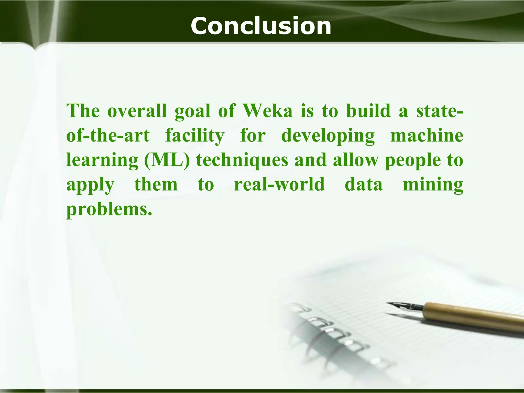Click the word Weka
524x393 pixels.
coord(267,111)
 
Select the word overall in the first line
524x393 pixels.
coord(137,111)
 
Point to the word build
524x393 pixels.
coord(368,111)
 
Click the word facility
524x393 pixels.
coord(195,136)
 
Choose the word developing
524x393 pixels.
coord(328,136)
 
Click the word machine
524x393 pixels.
coord(427,136)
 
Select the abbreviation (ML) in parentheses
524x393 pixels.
coord(167,160)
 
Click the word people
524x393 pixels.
coord(413,160)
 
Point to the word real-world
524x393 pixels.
coord(279,184)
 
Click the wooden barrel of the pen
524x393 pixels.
coord(473,315)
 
